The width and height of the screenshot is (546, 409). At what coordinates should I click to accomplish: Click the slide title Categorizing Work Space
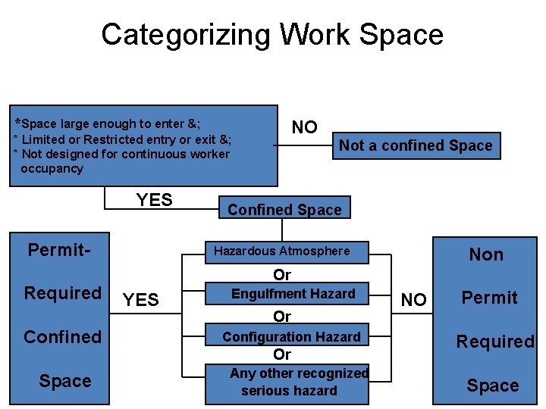pyautogui.click(x=272, y=35)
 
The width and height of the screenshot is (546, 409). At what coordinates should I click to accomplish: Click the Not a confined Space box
pyautogui.click(x=416, y=145)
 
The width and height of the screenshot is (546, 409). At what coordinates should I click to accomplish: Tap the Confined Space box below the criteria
pyautogui.click(x=284, y=210)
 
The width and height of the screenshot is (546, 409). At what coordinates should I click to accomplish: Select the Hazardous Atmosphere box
pyautogui.click(x=282, y=251)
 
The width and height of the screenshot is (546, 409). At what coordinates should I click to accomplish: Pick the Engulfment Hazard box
pyautogui.click(x=293, y=294)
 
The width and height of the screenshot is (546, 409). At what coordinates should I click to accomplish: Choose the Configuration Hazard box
pyautogui.click(x=292, y=336)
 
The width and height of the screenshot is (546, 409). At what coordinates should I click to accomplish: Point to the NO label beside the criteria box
pyautogui.click(x=305, y=127)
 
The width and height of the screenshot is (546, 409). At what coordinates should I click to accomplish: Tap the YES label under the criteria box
pyautogui.click(x=154, y=200)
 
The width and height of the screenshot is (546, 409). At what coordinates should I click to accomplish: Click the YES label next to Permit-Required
pyautogui.click(x=141, y=300)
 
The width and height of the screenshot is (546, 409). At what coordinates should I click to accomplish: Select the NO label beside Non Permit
pyautogui.click(x=413, y=300)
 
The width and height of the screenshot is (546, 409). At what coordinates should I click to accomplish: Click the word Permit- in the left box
pyautogui.click(x=59, y=249)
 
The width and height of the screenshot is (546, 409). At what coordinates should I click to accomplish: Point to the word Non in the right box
pyautogui.click(x=486, y=254)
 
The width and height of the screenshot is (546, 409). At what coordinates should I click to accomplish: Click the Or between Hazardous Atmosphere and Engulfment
pyautogui.click(x=282, y=274)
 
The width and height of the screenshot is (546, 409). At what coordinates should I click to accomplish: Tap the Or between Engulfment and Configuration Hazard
pyautogui.click(x=282, y=316)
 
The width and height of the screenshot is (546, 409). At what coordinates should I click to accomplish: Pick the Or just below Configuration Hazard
pyautogui.click(x=282, y=354)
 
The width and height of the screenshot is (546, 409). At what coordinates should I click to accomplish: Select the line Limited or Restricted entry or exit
pyautogui.click(x=123, y=139)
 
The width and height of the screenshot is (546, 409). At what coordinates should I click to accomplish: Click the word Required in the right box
pyautogui.click(x=494, y=342)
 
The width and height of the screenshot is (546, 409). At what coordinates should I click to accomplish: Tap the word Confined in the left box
pyautogui.click(x=62, y=336)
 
